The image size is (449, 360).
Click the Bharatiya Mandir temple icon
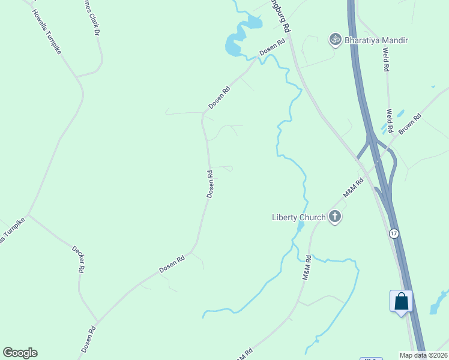335,40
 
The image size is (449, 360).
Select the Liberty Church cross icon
334,217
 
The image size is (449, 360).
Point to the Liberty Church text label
298,217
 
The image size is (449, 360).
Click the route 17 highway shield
394,233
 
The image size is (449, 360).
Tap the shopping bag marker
401,301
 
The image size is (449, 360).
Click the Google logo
20,353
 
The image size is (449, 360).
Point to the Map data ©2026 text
424,355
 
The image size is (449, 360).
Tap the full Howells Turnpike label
47,33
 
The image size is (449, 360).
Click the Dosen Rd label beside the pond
272,50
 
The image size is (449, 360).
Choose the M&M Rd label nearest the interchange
354,188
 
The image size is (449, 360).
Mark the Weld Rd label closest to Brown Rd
390,121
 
